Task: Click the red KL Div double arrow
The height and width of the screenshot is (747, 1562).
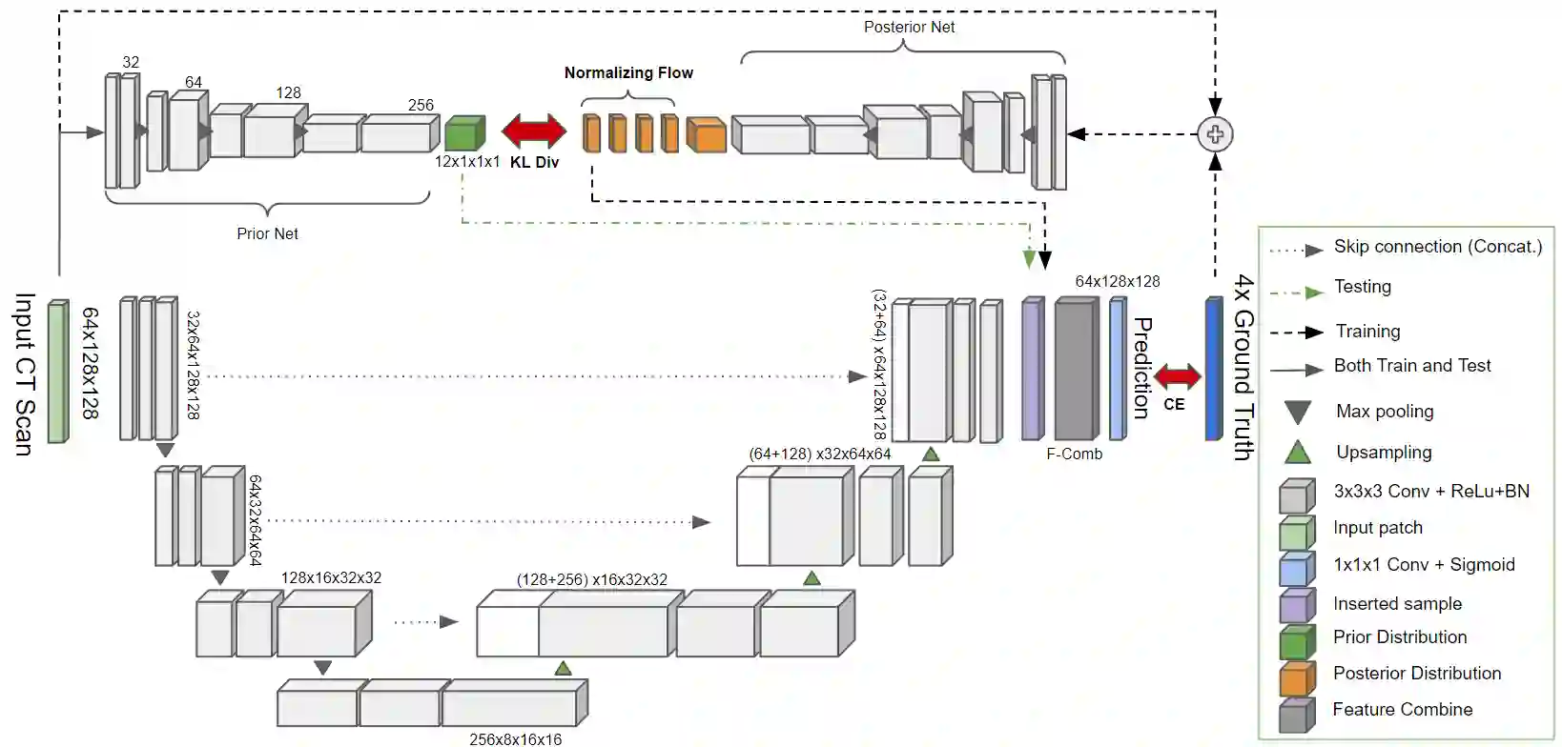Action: click(534, 131)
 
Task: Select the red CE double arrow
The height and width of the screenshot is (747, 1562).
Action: click(1178, 376)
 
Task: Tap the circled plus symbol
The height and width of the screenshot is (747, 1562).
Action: click(1215, 134)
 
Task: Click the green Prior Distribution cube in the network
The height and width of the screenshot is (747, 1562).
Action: click(464, 133)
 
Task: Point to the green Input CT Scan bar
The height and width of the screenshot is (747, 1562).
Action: click(58, 372)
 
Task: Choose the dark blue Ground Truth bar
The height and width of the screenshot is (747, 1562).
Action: click(1214, 369)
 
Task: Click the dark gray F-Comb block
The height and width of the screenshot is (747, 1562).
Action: click(1077, 369)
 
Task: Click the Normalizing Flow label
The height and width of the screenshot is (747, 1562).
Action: click(628, 72)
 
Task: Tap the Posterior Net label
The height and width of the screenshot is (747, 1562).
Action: click(909, 27)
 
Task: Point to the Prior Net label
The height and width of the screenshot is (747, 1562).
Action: click(267, 233)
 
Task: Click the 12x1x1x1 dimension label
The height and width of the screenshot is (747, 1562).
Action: click(467, 162)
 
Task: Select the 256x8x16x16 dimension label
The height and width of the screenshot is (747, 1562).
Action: click(515, 739)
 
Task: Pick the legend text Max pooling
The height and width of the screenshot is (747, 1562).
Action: click(1385, 412)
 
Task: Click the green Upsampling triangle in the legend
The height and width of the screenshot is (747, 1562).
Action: click(1297, 453)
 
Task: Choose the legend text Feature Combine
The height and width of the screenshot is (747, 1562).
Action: click(1402, 709)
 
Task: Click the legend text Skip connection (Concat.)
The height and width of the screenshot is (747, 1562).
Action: click(1437, 247)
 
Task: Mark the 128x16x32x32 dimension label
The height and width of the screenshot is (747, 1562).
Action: click(331, 577)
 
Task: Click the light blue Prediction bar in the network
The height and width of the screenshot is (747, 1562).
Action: click(1118, 369)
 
